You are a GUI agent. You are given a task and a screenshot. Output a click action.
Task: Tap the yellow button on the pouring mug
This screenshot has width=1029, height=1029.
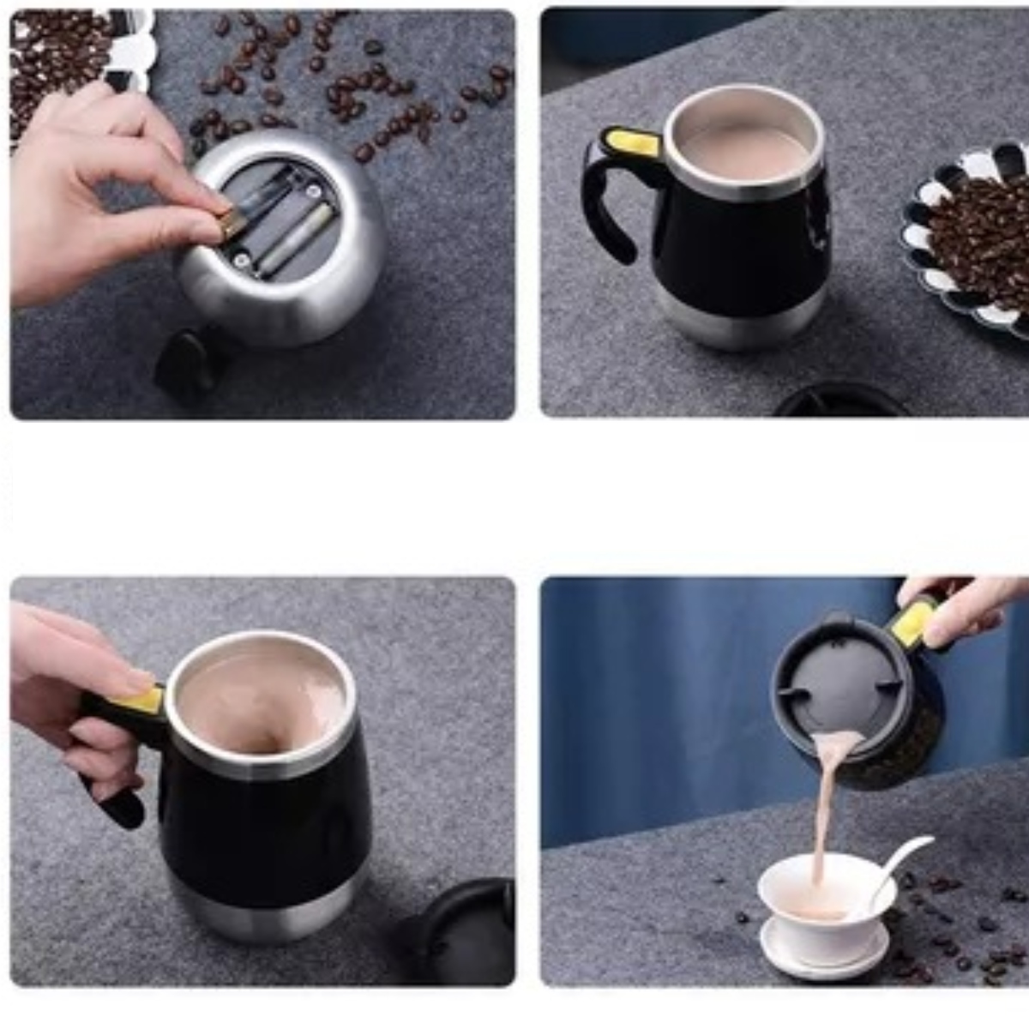[x=913, y=622]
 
